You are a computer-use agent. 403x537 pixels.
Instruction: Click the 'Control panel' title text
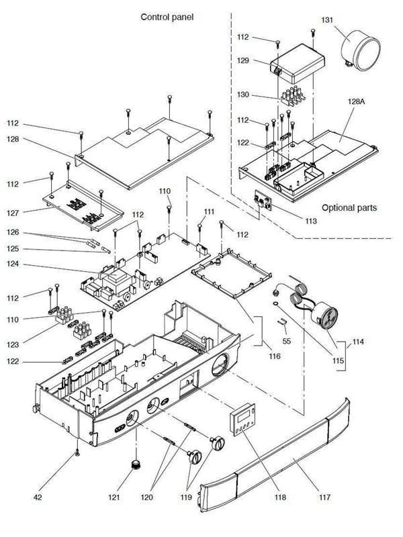click(x=167, y=16)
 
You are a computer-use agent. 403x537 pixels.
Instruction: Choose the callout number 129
click(x=244, y=61)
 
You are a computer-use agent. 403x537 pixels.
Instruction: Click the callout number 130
click(x=244, y=95)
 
